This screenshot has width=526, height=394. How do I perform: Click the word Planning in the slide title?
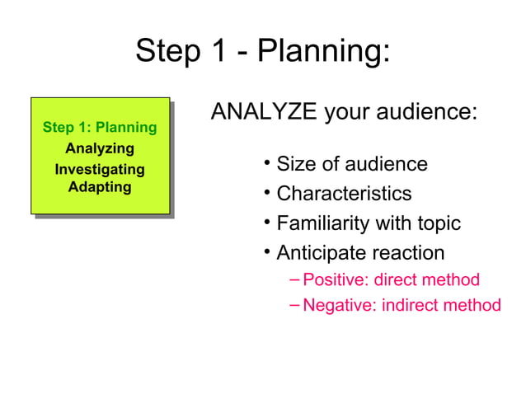point(323,53)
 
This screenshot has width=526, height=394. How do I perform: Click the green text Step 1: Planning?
point(100,128)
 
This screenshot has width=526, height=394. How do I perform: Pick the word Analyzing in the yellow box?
point(100,149)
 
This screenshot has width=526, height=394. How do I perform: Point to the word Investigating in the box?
point(100,170)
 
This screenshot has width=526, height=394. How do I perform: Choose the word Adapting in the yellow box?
point(100,187)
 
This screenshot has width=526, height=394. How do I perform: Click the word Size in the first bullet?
point(294,164)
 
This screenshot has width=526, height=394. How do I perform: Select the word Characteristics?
point(344,194)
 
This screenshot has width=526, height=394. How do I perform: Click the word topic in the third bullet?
point(435,223)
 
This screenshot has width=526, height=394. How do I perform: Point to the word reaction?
point(404,253)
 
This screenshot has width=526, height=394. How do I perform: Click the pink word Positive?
point(335,280)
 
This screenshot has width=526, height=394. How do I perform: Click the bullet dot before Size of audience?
point(268,163)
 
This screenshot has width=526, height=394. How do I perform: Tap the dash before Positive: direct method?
point(295,280)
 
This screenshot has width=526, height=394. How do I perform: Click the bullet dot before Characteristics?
point(268,193)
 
